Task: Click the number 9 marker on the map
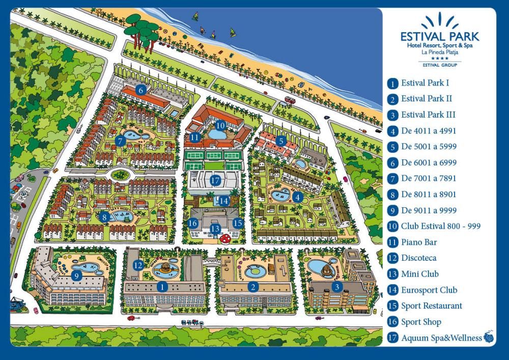click(x=76, y=276)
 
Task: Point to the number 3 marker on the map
click(x=336, y=287)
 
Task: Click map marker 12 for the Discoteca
click(x=138, y=265)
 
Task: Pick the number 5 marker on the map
click(x=280, y=141)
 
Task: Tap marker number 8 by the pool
click(x=104, y=217)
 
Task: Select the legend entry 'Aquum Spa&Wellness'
click(x=441, y=338)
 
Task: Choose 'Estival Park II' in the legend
click(x=427, y=99)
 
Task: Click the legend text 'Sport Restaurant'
click(x=432, y=306)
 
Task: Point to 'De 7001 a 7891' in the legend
click(x=429, y=178)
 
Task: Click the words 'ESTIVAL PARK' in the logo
click(x=440, y=37)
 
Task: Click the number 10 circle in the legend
click(x=392, y=227)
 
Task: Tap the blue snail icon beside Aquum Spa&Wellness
click(x=489, y=337)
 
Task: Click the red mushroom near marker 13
click(x=223, y=237)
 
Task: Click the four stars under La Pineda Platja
click(x=440, y=59)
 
